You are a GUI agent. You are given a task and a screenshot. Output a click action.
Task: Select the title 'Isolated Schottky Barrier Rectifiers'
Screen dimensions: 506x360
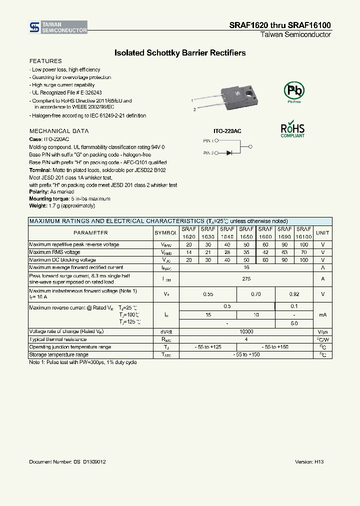tap(180, 52)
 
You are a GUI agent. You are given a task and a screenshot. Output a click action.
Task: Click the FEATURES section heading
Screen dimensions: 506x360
tap(45, 61)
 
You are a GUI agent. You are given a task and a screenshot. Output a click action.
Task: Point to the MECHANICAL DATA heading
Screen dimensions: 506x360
tap(59, 131)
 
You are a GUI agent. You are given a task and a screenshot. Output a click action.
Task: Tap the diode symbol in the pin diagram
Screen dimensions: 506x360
tap(229, 153)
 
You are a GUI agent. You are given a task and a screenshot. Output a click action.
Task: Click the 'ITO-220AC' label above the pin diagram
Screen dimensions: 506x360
tap(227, 131)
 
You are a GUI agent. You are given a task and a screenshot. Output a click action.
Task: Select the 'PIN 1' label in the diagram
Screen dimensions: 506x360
tap(208, 141)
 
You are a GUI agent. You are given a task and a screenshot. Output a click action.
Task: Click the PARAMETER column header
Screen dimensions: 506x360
tap(90, 233)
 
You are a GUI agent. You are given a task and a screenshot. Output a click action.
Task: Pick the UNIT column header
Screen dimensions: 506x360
tap(322, 233)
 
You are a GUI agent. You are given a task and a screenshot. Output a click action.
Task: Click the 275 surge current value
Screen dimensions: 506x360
tap(246, 279)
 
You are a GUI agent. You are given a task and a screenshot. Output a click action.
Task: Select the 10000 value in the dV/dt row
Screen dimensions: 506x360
tap(246, 331)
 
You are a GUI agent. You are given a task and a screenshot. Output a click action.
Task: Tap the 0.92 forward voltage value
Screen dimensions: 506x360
tap(294, 294)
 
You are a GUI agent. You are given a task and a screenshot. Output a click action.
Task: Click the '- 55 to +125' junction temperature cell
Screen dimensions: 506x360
tap(207, 347)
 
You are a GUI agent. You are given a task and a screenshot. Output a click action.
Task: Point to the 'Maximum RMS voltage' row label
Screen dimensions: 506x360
tap(55, 252)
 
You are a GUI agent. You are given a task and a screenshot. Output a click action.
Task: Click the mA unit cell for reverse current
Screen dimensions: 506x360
tap(322, 314)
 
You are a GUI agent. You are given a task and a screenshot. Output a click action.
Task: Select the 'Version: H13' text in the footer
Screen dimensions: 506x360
tap(309, 462)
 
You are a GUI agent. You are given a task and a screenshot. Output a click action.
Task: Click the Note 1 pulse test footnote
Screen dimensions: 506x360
tap(82, 362)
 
